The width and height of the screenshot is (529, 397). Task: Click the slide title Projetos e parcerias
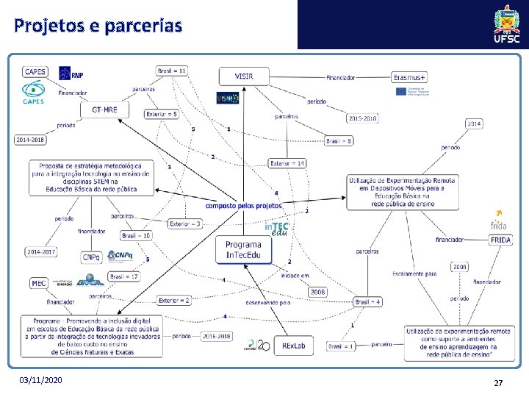(98, 26)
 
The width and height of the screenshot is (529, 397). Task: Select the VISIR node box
(244, 76)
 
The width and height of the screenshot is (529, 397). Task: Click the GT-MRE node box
(104, 110)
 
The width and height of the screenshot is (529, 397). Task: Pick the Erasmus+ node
(410, 77)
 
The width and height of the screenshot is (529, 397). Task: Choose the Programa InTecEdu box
(243, 250)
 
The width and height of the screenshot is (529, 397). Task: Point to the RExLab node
(292, 345)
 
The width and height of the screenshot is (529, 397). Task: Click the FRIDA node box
(500, 240)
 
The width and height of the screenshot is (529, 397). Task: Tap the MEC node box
(38, 283)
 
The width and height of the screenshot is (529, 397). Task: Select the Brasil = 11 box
(172, 71)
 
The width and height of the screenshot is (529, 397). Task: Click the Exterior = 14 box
(287, 163)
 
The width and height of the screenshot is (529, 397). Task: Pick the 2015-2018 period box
(363, 118)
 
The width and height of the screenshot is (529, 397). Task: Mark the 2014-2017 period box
(41, 252)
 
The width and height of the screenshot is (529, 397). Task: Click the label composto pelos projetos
(243, 206)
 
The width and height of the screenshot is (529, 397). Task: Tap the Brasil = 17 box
(123, 276)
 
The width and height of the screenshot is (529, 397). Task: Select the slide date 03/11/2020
(42, 380)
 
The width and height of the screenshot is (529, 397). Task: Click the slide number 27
(498, 383)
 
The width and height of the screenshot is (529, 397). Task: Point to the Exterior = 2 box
(174, 300)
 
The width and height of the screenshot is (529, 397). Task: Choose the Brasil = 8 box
(339, 140)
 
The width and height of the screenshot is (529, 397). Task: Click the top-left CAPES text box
(35, 72)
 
